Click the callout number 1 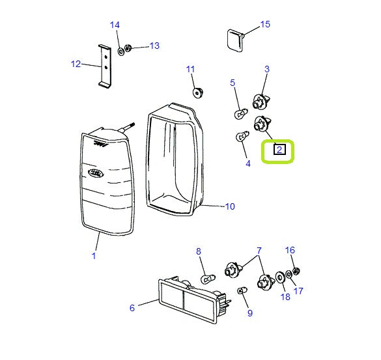click(93, 256)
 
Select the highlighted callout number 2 click(279, 150)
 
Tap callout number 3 click(266, 69)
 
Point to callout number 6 click(132, 308)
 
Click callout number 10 click(229, 207)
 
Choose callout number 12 click(76, 64)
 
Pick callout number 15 click(264, 25)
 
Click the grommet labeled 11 click(197, 91)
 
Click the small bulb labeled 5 click(239, 115)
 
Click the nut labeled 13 click(128, 48)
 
